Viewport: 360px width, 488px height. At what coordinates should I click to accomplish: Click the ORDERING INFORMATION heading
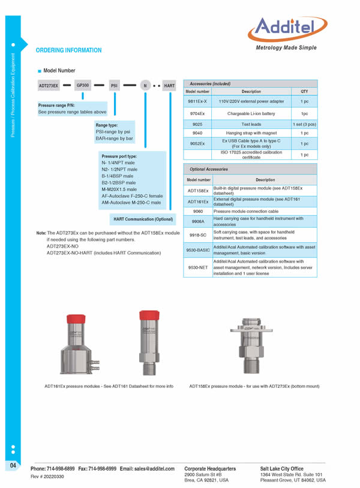(69, 50)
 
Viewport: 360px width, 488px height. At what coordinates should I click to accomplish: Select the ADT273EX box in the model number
(48, 86)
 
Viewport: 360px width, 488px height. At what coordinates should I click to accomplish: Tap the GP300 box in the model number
(83, 86)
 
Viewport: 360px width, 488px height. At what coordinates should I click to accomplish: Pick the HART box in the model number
(169, 86)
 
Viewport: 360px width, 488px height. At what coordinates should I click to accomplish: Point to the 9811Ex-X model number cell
(198, 101)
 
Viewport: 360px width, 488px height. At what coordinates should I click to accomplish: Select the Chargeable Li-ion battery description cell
(251, 113)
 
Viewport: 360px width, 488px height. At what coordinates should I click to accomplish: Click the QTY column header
(304, 91)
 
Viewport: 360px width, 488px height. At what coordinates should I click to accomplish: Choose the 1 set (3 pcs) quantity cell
(304, 123)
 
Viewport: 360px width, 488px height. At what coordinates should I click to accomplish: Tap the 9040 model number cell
(198, 132)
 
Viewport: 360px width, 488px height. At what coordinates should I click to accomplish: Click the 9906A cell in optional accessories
(198, 222)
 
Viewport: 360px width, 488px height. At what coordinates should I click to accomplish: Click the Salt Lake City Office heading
(281, 468)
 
